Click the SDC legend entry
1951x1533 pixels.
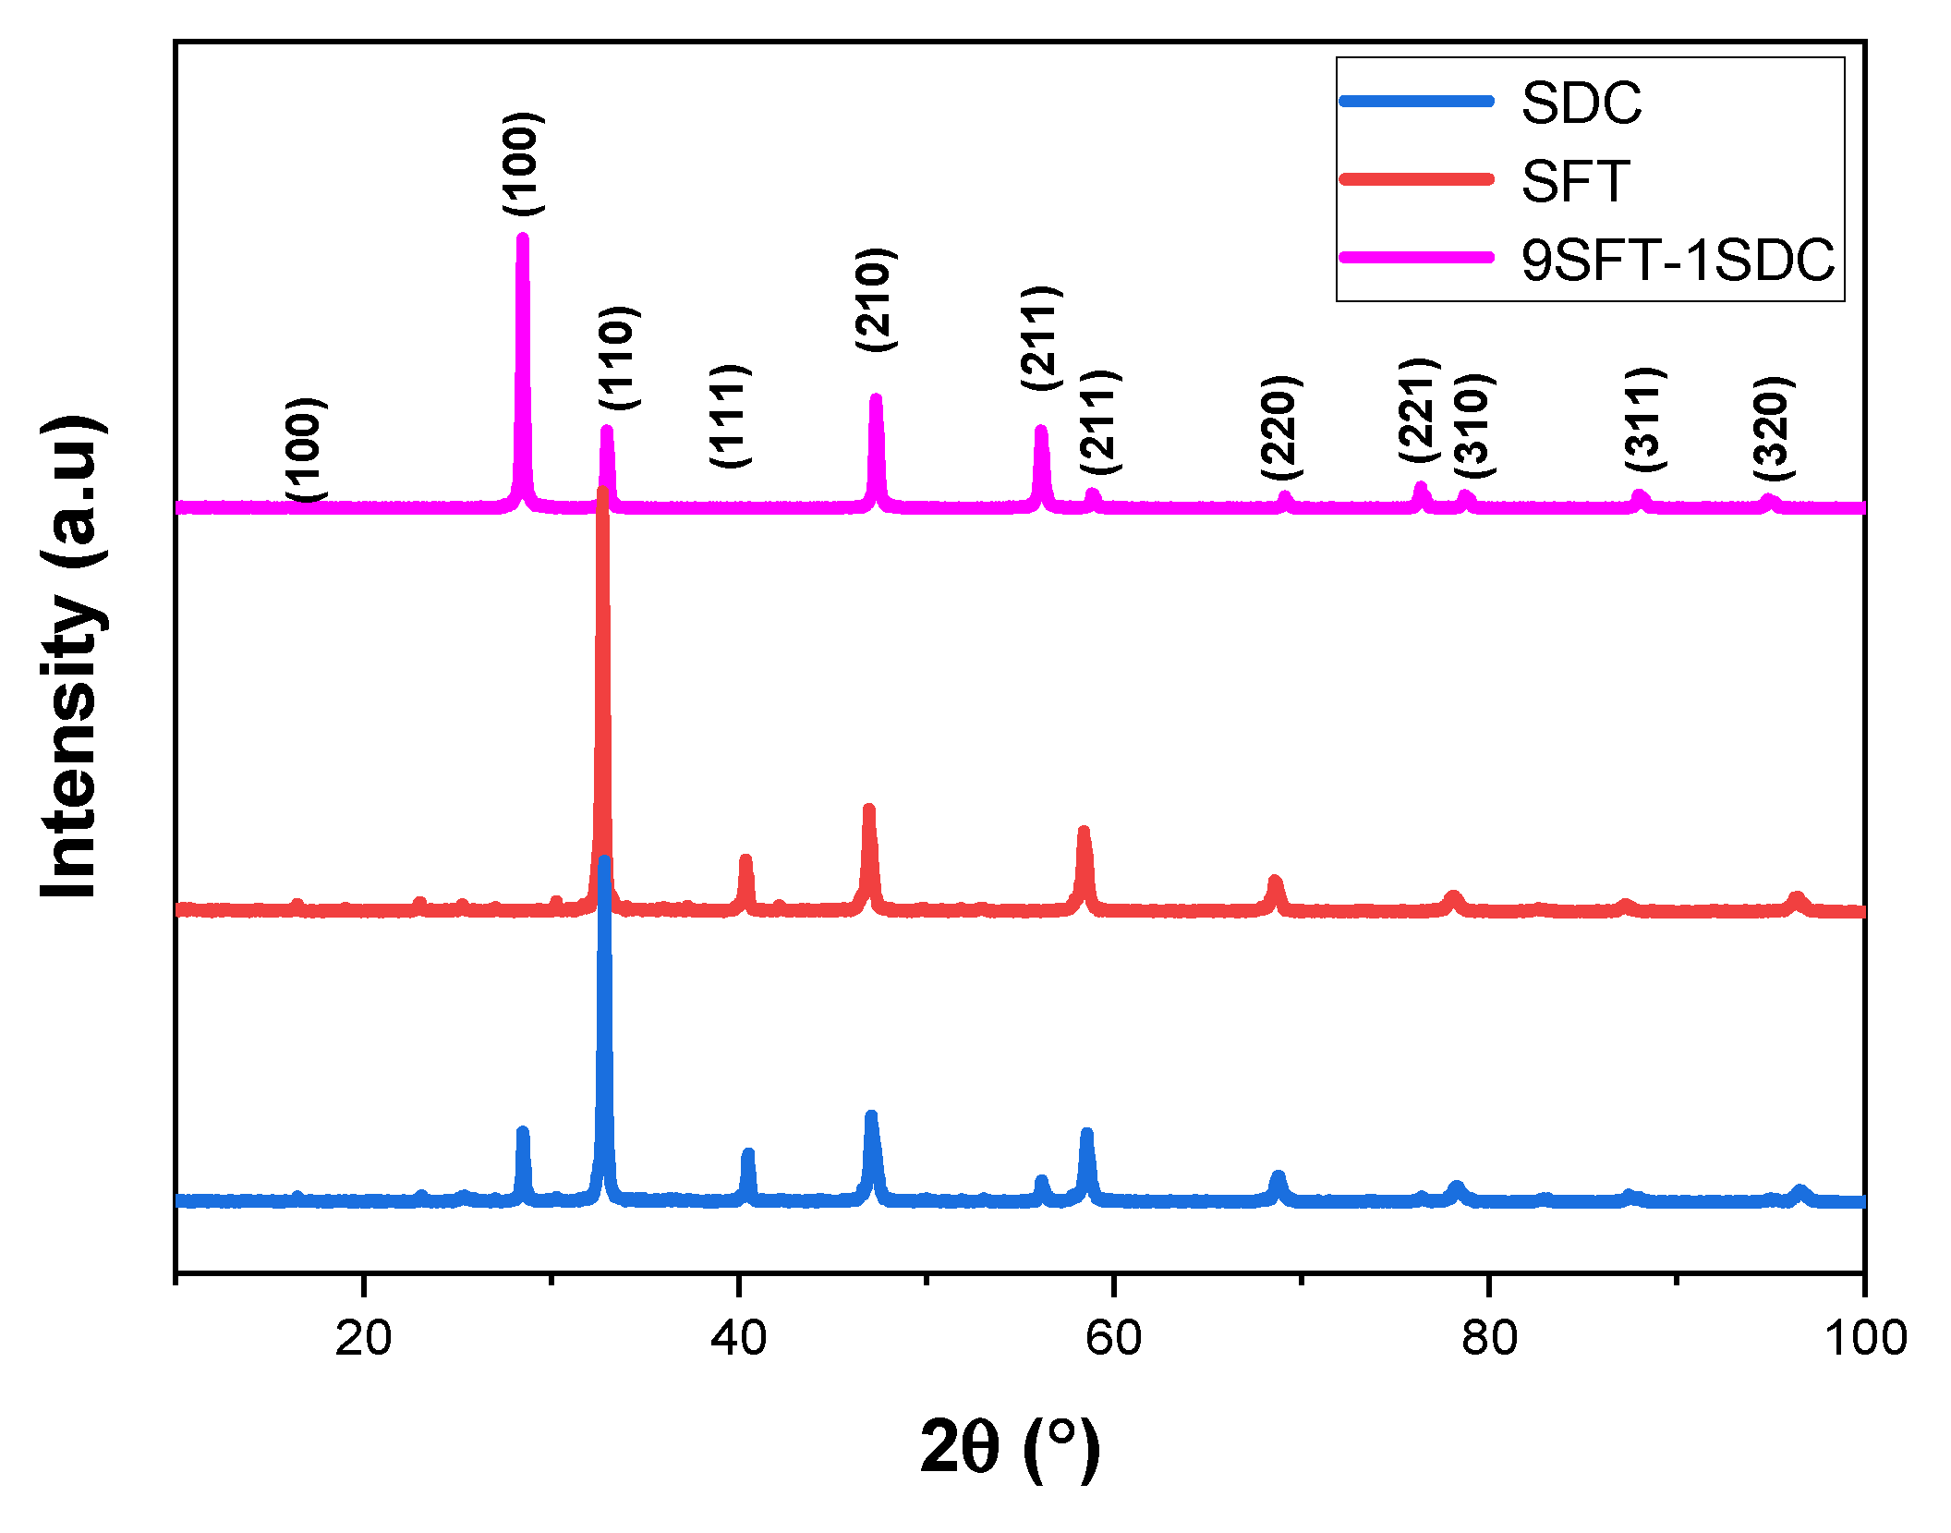pyautogui.click(x=1581, y=103)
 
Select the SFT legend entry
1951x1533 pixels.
pyautogui.click(x=1575, y=181)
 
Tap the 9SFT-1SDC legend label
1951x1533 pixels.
pyautogui.click(x=1678, y=260)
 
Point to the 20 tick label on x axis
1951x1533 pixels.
pyautogui.click(x=363, y=1337)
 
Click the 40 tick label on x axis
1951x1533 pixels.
pyautogui.click(x=738, y=1337)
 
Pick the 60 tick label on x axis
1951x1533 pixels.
pyautogui.click(x=1113, y=1337)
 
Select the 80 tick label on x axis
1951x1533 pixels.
pyautogui.click(x=1489, y=1337)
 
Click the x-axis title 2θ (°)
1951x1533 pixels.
pyautogui.click(x=1010, y=1447)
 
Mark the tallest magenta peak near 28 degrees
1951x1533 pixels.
pyautogui.click(x=523, y=239)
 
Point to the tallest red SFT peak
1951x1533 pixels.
pyautogui.click(x=603, y=493)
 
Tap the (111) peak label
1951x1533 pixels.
pyautogui.click(x=730, y=416)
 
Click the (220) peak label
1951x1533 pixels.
pyautogui.click(x=1281, y=427)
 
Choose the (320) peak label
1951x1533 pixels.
pyautogui.click(x=1774, y=428)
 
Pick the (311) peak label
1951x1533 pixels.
pyautogui.click(x=1645, y=419)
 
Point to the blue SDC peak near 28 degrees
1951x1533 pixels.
pyautogui.click(x=523, y=1133)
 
